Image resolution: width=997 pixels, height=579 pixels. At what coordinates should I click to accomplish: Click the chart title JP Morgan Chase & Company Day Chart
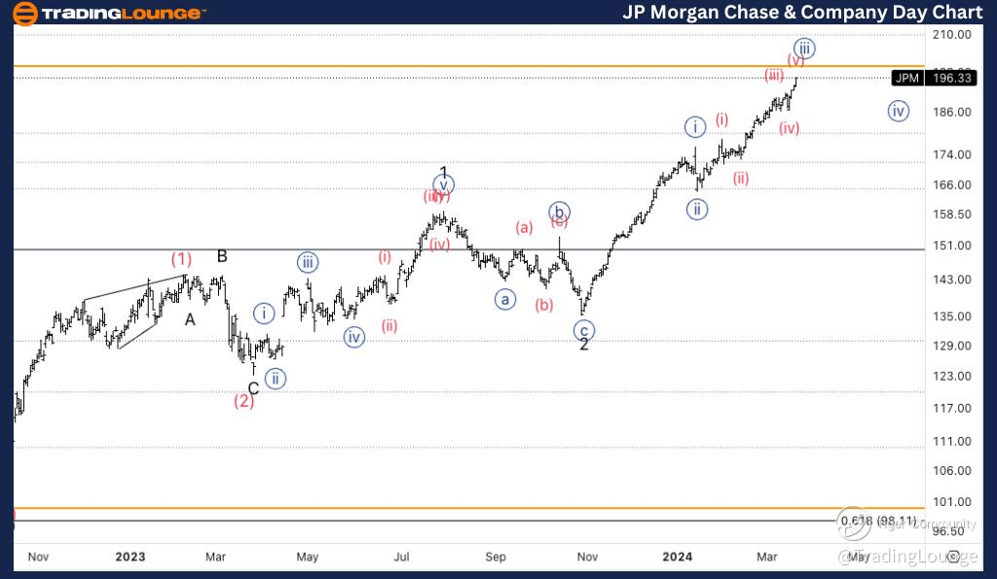point(802,13)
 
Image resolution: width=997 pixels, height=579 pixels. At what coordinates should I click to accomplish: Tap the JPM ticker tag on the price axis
point(906,79)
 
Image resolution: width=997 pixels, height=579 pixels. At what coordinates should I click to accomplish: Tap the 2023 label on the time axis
point(129,557)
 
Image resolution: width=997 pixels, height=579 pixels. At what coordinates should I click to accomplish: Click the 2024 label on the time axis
point(677,557)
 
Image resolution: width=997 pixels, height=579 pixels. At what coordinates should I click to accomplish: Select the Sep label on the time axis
point(496,557)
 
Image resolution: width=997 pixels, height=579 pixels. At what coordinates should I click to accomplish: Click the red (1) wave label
point(181,259)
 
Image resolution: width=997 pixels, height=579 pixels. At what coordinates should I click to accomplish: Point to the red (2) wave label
point(243,401)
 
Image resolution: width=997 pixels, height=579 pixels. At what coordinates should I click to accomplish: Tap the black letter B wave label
point(222,257)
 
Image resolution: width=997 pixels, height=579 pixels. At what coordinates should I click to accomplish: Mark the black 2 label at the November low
point(584,344)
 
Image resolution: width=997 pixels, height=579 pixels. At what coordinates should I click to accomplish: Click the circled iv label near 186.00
point(898,111)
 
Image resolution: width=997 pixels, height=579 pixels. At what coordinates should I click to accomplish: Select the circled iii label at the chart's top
point(803,48)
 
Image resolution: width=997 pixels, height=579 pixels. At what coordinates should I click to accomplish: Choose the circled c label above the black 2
point(584,330)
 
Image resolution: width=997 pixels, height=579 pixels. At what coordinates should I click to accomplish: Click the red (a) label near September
point(525,228)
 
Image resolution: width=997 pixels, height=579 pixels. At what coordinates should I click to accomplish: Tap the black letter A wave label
point(191,319)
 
